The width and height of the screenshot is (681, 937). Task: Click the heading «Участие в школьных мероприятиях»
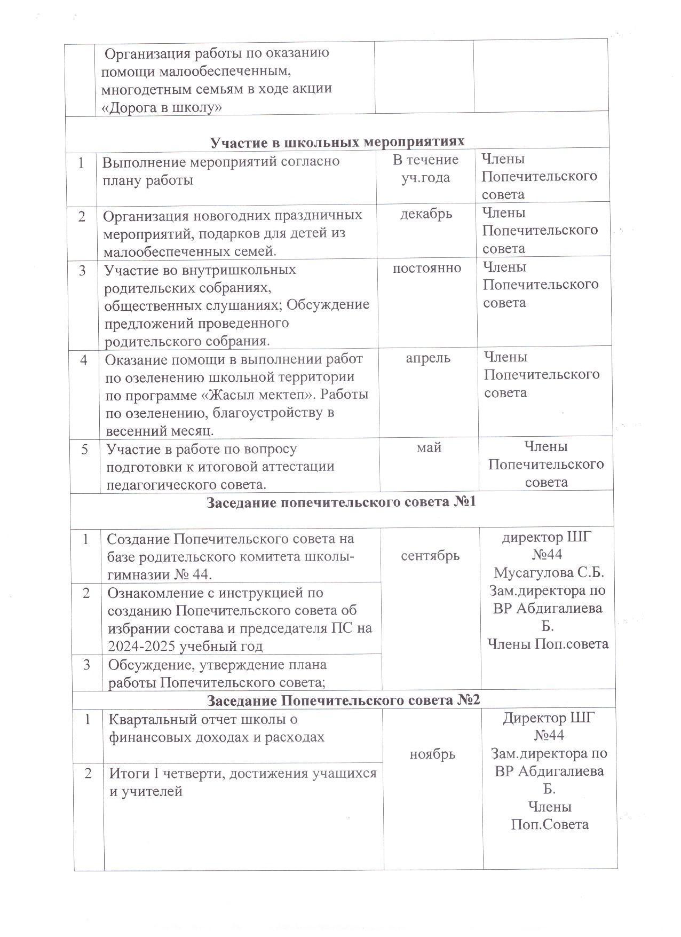point(337,141)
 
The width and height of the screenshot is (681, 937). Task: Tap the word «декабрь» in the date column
point(426,214)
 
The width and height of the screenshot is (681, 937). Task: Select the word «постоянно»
point(427,268)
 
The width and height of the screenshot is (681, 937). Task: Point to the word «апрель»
point(428,358)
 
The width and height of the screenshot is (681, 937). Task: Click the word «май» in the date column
point(429,447)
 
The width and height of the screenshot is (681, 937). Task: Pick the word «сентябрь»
point(430,556)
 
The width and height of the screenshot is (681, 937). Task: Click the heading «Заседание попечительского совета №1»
point(341,503)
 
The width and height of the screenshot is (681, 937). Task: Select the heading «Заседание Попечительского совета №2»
point(344,700)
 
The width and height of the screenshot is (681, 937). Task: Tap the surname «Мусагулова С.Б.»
point(549,573)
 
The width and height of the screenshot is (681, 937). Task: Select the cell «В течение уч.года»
point(425,168)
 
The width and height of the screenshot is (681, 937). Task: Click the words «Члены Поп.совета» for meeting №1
point(548,644)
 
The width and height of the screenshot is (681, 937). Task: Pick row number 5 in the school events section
point(84,449)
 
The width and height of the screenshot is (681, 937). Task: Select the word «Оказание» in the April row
point(134,359)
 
